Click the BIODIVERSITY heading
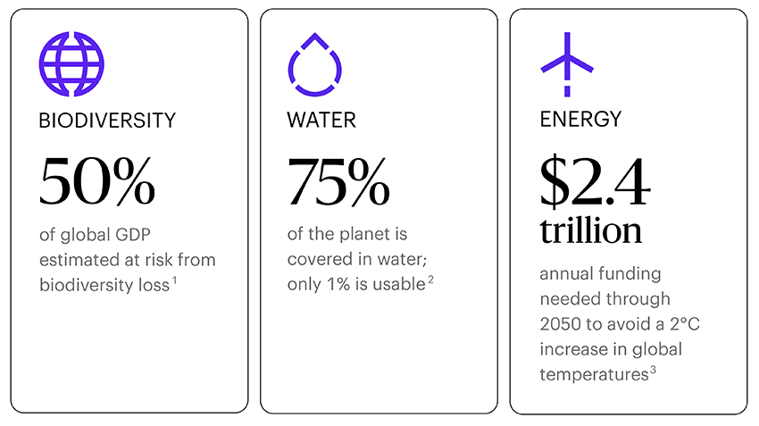coord(107,120)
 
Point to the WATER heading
coord(321,120)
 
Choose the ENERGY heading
coord(580,120)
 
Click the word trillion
coord(590,230)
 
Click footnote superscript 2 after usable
coord(430,280)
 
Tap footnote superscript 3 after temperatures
coord(653,370)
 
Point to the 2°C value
coord(680,324)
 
